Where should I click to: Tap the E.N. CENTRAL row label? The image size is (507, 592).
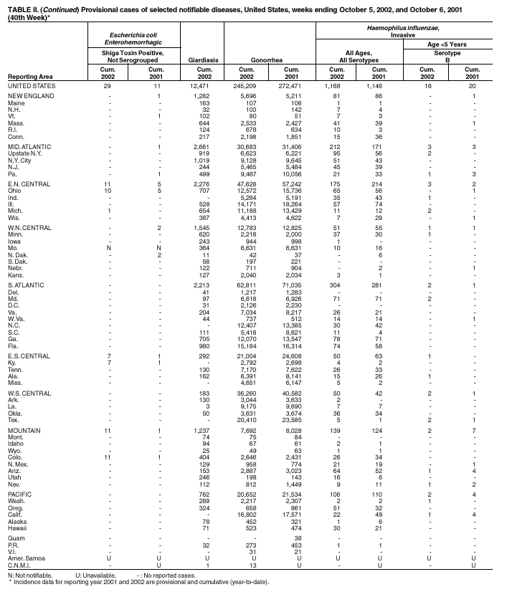(29, 184)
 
